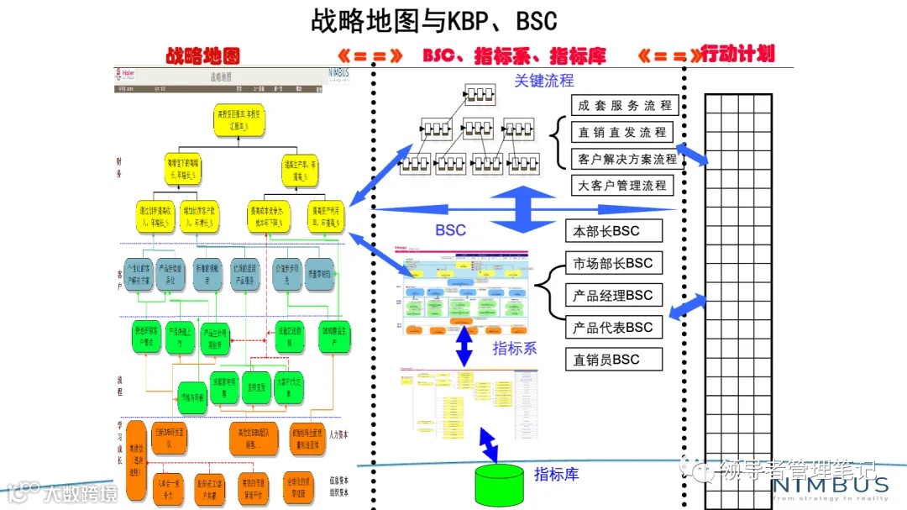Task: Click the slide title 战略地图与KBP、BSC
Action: [x=433, y=20]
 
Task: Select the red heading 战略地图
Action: [x=202, y=55]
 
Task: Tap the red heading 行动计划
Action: [x=737, y=54]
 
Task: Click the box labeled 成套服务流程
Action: [x=624, y=106]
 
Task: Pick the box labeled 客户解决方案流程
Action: [x=627, y=159]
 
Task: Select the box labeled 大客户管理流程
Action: [x=621, y=186]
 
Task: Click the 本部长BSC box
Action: [x=613, y=231]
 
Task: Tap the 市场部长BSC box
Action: [x=613, y=263]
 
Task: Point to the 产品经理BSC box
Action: [x=613, y=295]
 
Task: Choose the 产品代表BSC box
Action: [x=613, y=327]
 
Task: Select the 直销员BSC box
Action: [x=613, y=360]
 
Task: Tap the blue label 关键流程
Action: [x=543, y=81]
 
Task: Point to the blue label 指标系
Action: [x=514, y=348]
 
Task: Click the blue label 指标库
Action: [x=556, y=474]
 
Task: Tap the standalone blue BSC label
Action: [x=450, y=229]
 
